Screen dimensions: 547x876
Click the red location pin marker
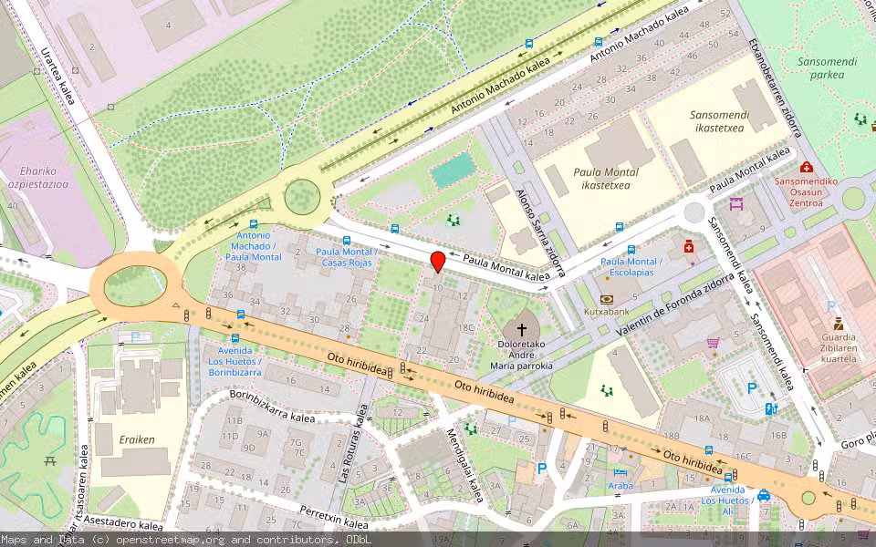(437, 261)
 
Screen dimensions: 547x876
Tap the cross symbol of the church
(522, 329)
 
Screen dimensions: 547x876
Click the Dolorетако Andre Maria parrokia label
(522, 356)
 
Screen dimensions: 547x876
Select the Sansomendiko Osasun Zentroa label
(806, 191)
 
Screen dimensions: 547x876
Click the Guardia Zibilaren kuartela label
(838, 348)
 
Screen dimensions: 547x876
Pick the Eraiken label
(137, 439)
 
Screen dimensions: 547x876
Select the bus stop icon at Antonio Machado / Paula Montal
(253, 224)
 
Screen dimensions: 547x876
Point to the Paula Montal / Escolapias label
(631, 267)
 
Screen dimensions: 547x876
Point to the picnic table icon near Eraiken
(49, 460)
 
